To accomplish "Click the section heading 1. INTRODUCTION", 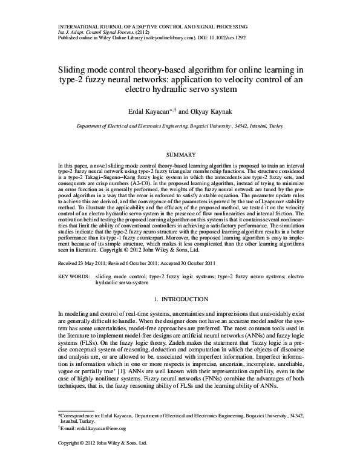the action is click(181, 299).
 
